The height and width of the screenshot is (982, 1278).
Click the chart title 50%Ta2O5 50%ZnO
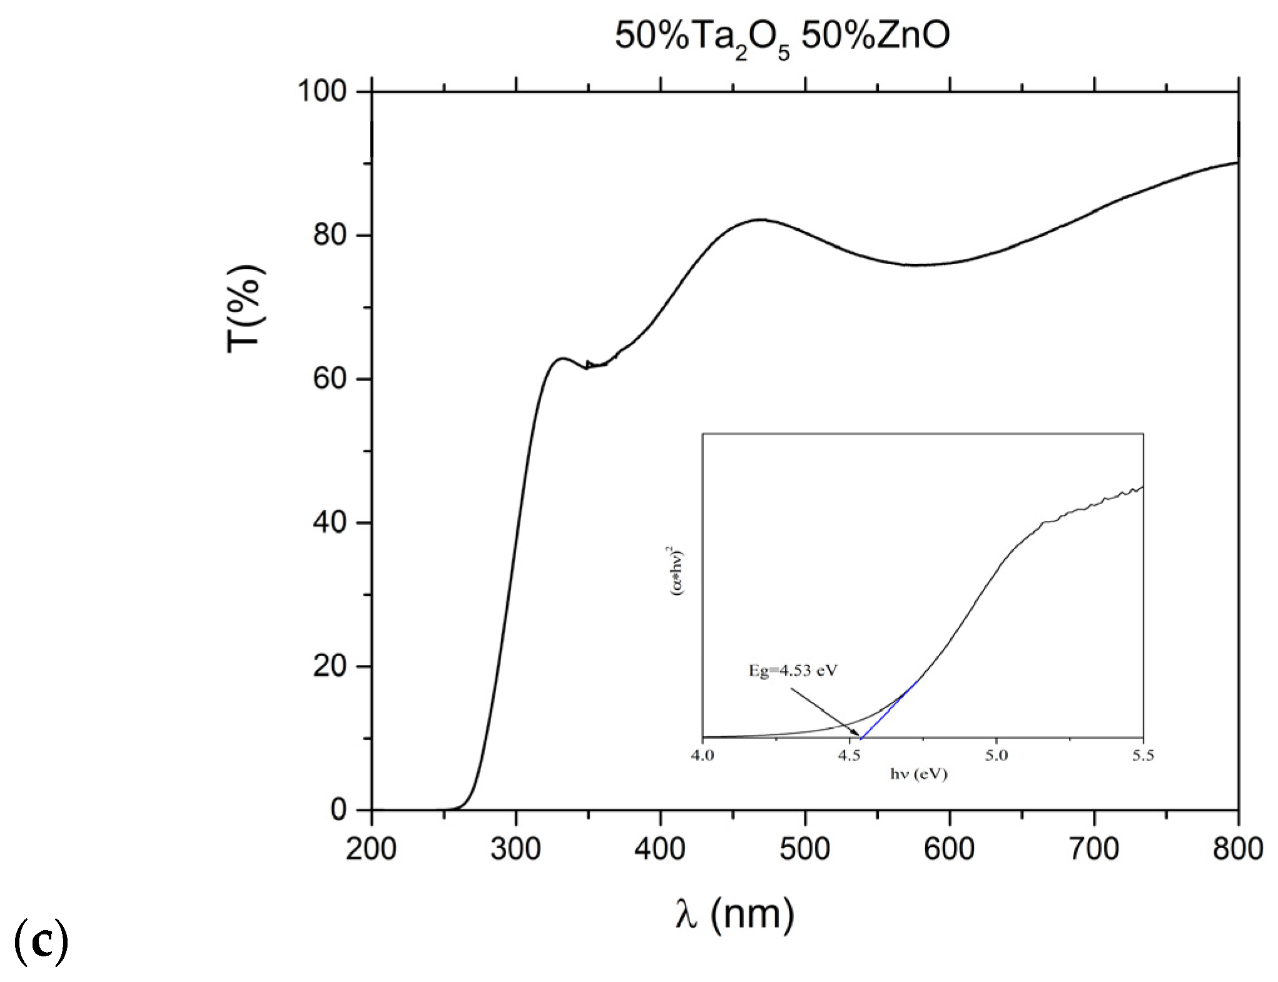(782, 36)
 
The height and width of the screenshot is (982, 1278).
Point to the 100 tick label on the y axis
(322, 91)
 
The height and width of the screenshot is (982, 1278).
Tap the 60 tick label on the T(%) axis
(330, 378)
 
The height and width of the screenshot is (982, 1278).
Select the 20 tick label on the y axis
(330, 666)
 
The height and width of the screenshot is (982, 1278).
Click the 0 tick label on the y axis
(338, 810)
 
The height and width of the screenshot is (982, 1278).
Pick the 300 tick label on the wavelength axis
(515, 849)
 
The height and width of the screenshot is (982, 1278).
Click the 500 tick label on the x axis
(804, 849)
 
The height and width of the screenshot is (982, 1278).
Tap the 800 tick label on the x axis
(1237, 849)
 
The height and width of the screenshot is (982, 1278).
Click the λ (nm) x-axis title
(734, 914)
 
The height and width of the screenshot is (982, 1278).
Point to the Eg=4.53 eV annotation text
(793, 671)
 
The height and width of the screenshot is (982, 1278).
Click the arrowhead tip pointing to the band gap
(859, 736)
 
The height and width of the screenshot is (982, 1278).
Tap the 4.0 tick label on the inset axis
(702, 756)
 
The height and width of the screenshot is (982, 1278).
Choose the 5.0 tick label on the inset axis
(997, 756)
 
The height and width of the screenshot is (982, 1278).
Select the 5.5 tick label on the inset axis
(1143, 756)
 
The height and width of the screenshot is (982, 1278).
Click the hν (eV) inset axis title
(918, 774)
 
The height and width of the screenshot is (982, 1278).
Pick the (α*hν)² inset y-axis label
(676, 570)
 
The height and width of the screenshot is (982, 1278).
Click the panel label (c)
(41, 941)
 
